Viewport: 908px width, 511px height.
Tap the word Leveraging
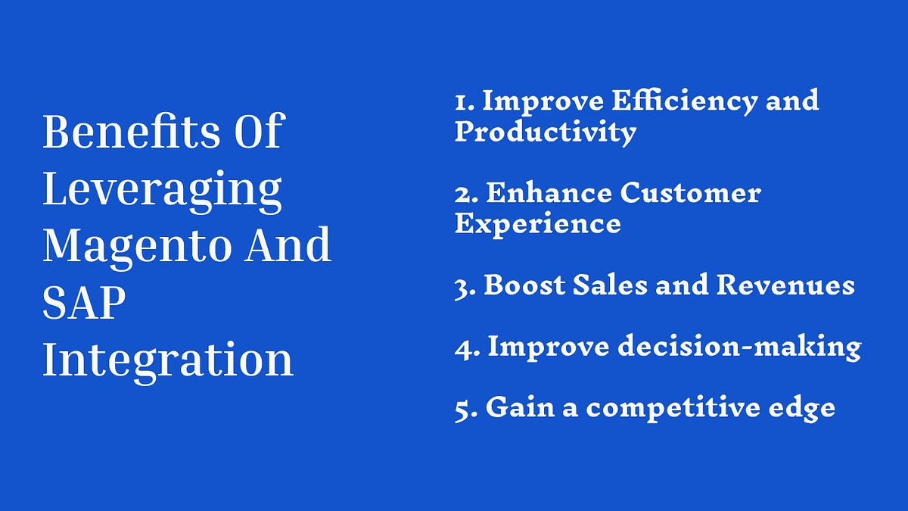pos(162,191)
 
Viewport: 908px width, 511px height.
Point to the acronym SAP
pos(84,303)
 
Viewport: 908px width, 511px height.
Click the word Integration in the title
pos(167,361)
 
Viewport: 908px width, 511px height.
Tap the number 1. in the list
pos(463,101)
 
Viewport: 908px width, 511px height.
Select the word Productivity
pos(545,132)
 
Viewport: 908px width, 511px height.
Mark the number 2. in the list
pos(465,194)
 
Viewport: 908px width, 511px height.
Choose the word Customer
pos(690,194)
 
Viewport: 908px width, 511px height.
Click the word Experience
pos(537,224)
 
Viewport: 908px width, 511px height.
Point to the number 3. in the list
pos(464,286)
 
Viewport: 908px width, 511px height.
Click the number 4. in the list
pos(465,347)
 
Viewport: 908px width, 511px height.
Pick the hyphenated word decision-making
pos(739,347)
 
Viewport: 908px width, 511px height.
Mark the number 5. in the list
pos(465,409)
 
